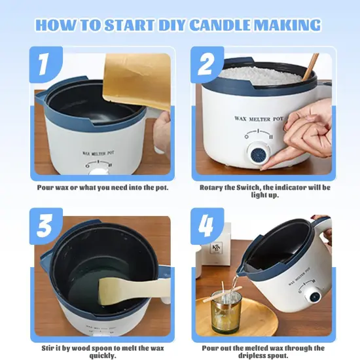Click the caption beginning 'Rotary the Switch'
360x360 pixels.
pos(265,192)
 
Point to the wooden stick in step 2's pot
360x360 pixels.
pos(312,65)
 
